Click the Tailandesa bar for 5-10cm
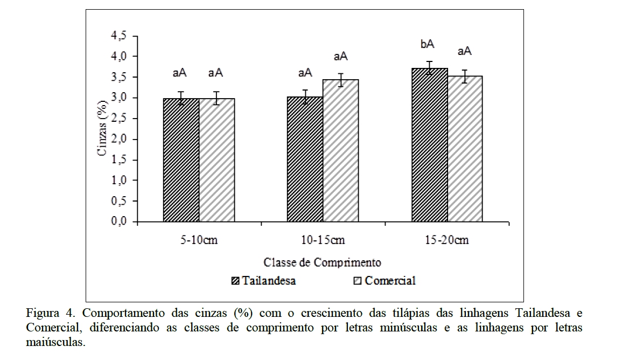pos(181,160)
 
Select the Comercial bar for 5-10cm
pos(216,160)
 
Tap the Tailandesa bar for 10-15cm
pos(305,160)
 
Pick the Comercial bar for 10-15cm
pos(340,151)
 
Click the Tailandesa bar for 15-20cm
pos(429,145)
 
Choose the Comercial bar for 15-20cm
pos(464,149)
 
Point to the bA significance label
pos(428,44)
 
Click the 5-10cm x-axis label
pos(199,240)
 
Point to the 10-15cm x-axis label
pos(323,240)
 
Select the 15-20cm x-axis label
pos(447,240)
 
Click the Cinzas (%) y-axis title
pos(102,128)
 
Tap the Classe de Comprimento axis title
pos(322,262)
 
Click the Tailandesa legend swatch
pos(235,281)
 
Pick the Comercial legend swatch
pos(358,281)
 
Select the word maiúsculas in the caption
pos(55,342)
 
